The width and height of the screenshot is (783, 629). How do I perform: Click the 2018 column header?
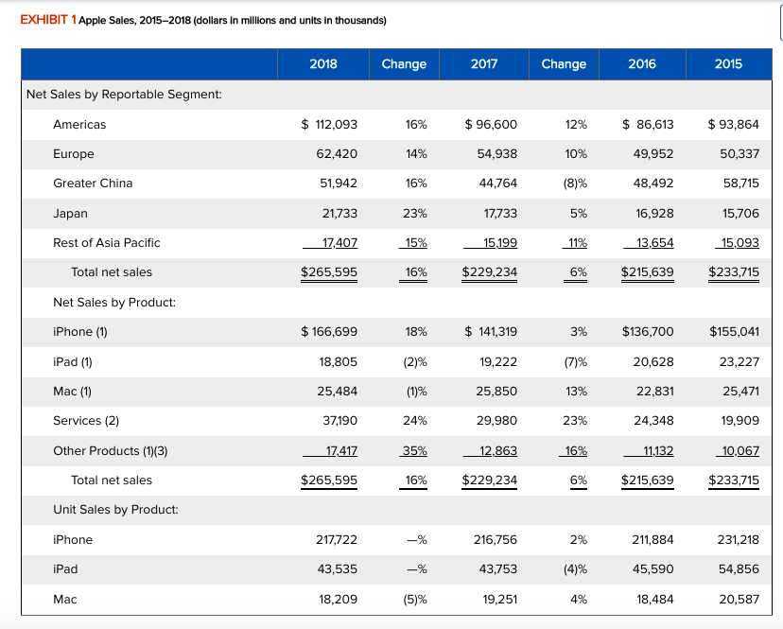click(323, 63)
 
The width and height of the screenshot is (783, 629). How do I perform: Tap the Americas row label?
click(79, 124)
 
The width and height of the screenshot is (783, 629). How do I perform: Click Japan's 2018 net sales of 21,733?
click(339, 213)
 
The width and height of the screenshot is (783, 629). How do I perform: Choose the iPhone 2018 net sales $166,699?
click(329, 331)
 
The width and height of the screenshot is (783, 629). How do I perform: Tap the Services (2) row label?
click(86, 420)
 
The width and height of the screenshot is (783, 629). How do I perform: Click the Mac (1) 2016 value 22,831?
click(653, 391)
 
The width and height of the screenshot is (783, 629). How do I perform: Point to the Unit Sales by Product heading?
click(115, 510)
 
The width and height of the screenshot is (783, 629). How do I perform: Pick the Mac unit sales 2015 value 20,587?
click(738, 599)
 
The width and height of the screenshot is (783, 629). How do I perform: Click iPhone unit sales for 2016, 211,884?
click(651, 539)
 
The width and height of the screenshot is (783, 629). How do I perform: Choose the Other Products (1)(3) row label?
click(110, 450)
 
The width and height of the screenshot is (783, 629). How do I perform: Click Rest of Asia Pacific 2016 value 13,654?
click(652, 243)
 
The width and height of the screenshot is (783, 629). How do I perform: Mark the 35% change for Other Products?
click(412, 450)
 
